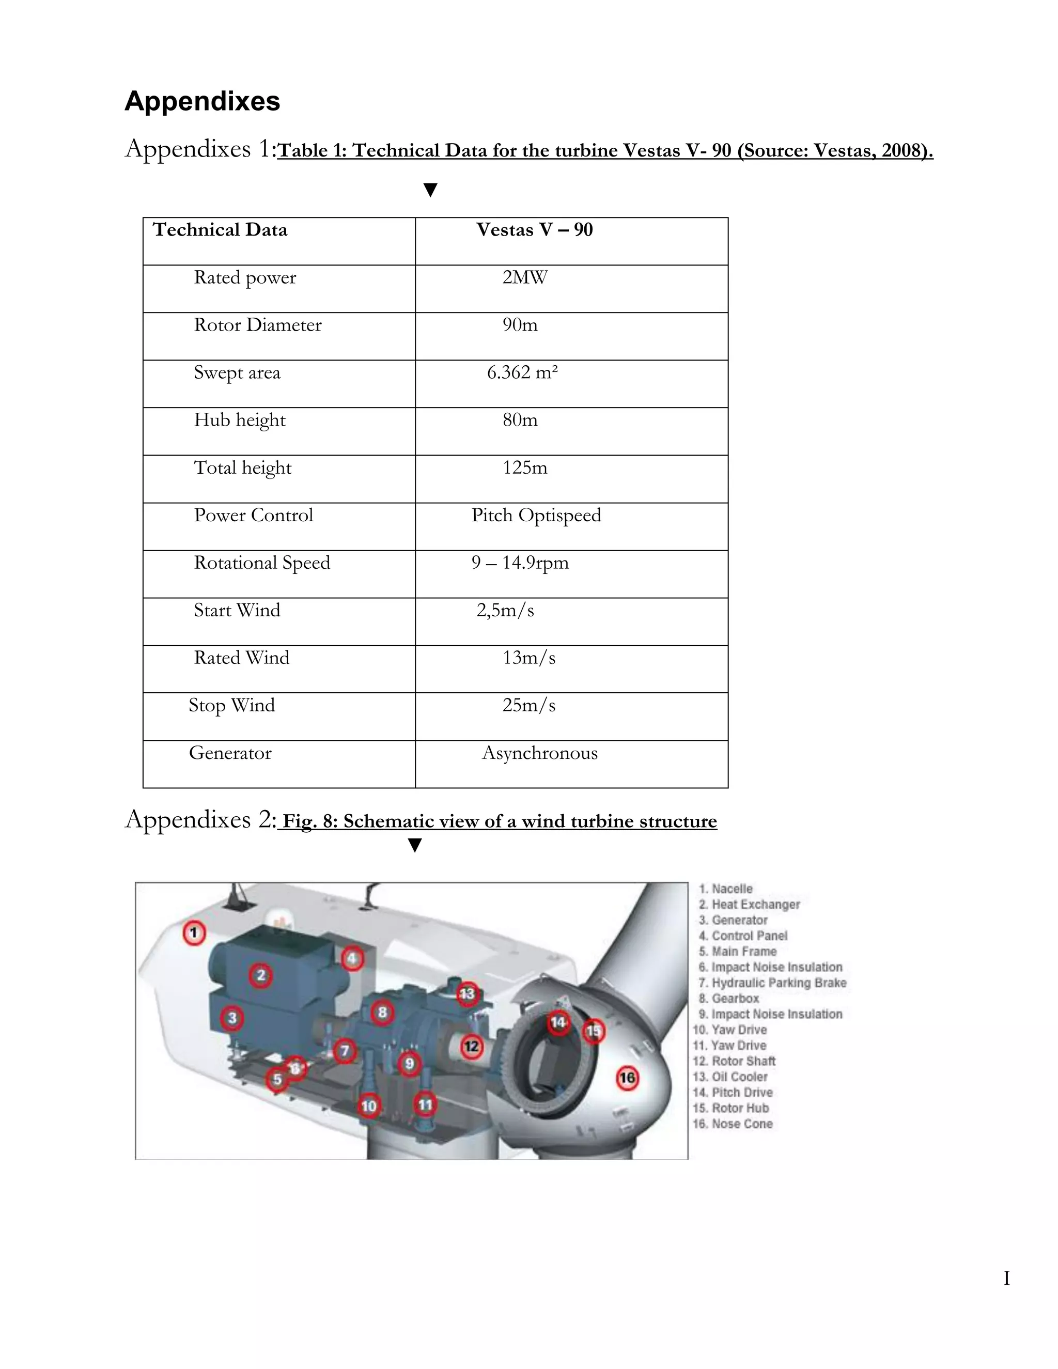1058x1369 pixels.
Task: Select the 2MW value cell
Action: click(x=525, y=278)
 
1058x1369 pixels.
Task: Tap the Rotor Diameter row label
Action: click(x=258, y=325)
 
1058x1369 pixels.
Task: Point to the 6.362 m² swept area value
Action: click(x=522, y=373)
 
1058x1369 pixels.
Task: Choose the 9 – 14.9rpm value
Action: click(x=520, y=563)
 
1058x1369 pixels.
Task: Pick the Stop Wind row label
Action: click(x=232, y=706)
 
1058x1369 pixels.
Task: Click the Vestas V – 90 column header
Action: click(x=534, y=230)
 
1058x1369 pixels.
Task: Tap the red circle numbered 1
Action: click(x=194, y=932)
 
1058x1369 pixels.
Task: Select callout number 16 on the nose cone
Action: click(x=627, y=1078)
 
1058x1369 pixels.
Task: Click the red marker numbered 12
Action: click(x=471, y=1046)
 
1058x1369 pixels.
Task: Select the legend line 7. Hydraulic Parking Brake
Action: click(x=772, y=983)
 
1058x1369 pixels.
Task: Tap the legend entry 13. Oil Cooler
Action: click(x=730, y=1077)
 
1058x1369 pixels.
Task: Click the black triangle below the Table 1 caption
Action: click(x=430, y=190)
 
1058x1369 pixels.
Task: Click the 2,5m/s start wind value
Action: click(x=505, y=611)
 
